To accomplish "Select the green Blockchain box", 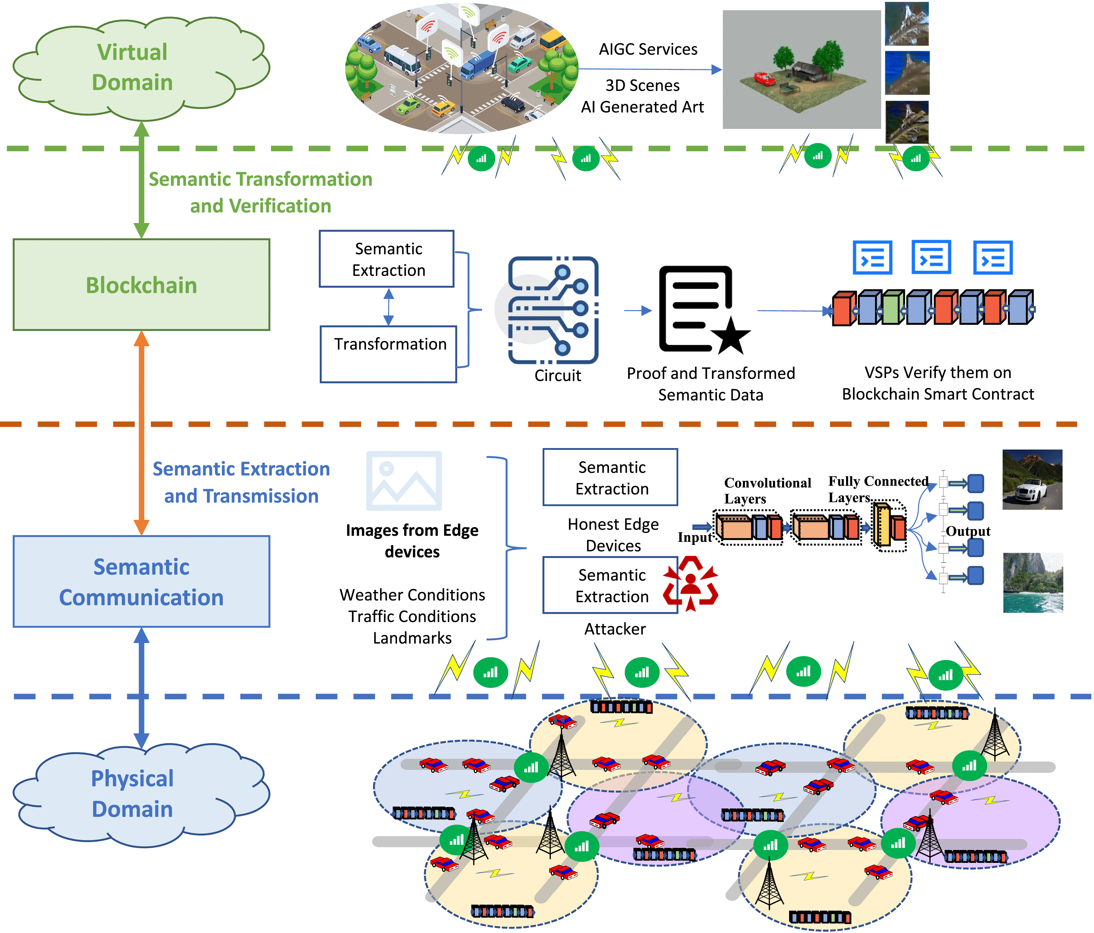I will pyautogui.click(x=142, y=285).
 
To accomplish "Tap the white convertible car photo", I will pyautogui.click(x=1032, y=479).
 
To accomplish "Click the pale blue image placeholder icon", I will pyautogui.click(x=404, y=481).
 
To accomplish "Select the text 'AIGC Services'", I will pyautogui.click(x=648, y=49).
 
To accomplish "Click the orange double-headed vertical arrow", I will pyautogui.click(x=142, y=433).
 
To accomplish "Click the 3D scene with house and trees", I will pyautogui.click(x=801, y=70).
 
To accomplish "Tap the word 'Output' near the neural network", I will pyautogui.click(x=967, y=531).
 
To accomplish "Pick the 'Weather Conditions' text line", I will pyautogui.click(x=412, y=595).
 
